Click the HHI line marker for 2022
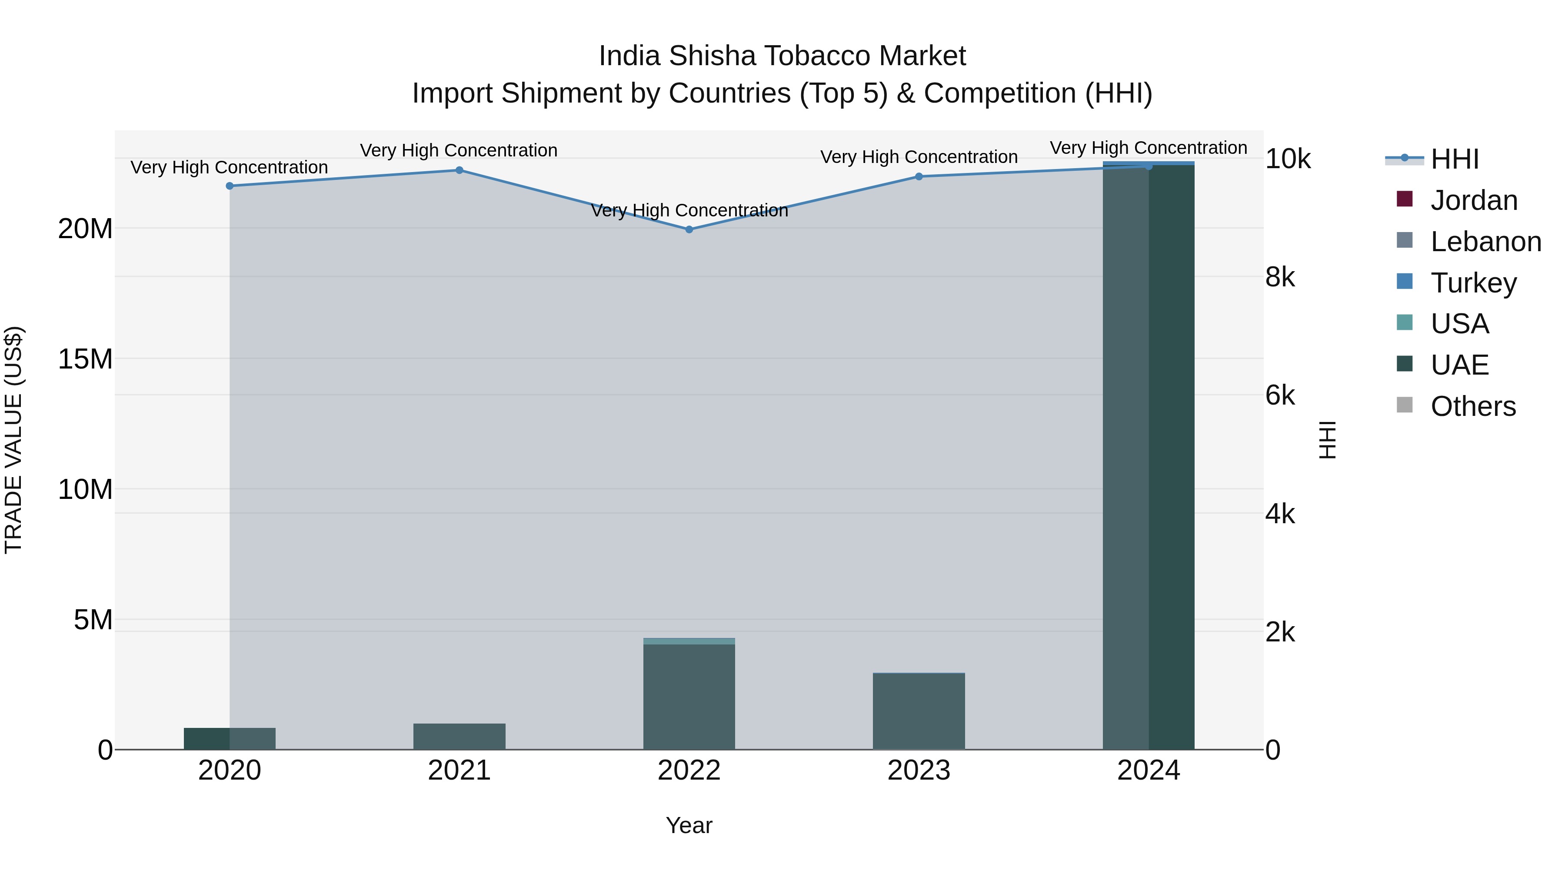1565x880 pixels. [689, 229]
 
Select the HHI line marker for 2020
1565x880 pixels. [230, 186]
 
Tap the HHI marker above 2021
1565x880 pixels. [460, 170]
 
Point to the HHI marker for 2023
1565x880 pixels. [919, 177]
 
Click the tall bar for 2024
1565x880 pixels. [1148, 455]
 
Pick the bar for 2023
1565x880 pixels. [919, 711]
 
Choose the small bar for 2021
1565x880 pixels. [460, 736]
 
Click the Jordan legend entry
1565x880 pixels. [1473, 200]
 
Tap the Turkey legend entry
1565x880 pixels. [1473, 283]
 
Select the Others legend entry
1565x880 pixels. [1473, 406]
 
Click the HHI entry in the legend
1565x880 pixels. [1454, 159]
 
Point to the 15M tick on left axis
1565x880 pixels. [85, 359]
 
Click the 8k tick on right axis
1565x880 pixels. [1280, 278]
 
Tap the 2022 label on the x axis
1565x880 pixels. [689, 770]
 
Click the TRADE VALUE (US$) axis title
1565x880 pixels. [13, 440]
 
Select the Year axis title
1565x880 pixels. [689, 825]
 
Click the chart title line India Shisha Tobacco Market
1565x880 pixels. [782, 56]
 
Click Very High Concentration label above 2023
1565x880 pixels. [919, 157]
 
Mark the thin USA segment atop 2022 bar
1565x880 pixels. [689, 641]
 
